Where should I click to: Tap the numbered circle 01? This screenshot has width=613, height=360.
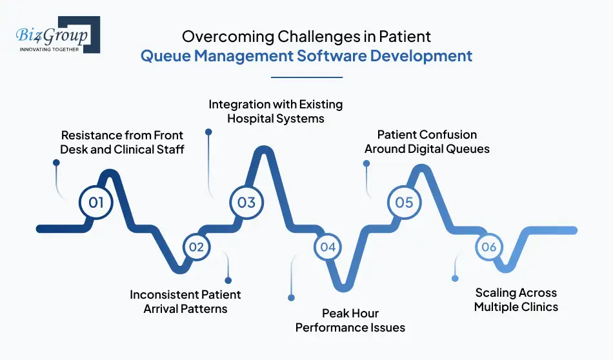coord(96,203)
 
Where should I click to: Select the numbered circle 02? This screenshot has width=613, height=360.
coord(196,247)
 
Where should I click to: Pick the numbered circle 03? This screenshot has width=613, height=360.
coord(246,203)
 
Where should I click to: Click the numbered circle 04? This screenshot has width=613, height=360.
coord(328,247)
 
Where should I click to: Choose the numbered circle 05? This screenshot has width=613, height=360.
coord(404,203)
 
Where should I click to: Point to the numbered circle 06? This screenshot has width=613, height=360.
coord(488,247)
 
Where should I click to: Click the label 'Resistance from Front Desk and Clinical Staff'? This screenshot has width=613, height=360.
coord(122,143)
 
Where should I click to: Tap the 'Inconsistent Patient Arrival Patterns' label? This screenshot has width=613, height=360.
coord(185,301)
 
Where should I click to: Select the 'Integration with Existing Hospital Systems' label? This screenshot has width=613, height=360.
coord(276,111)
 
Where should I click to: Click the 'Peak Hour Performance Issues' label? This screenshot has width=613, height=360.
coord(350,321)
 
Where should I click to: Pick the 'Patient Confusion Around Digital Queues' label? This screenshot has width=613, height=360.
coord(427,142)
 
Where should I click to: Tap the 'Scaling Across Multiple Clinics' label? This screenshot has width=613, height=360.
coord(516,299)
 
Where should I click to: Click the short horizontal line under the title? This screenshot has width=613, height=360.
coord(306,77)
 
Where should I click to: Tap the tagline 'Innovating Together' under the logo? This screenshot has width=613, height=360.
coord(49,50)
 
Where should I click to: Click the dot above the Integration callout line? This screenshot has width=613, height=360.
coord(208,132)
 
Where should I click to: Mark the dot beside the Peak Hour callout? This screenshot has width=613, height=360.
coord(291,298)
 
